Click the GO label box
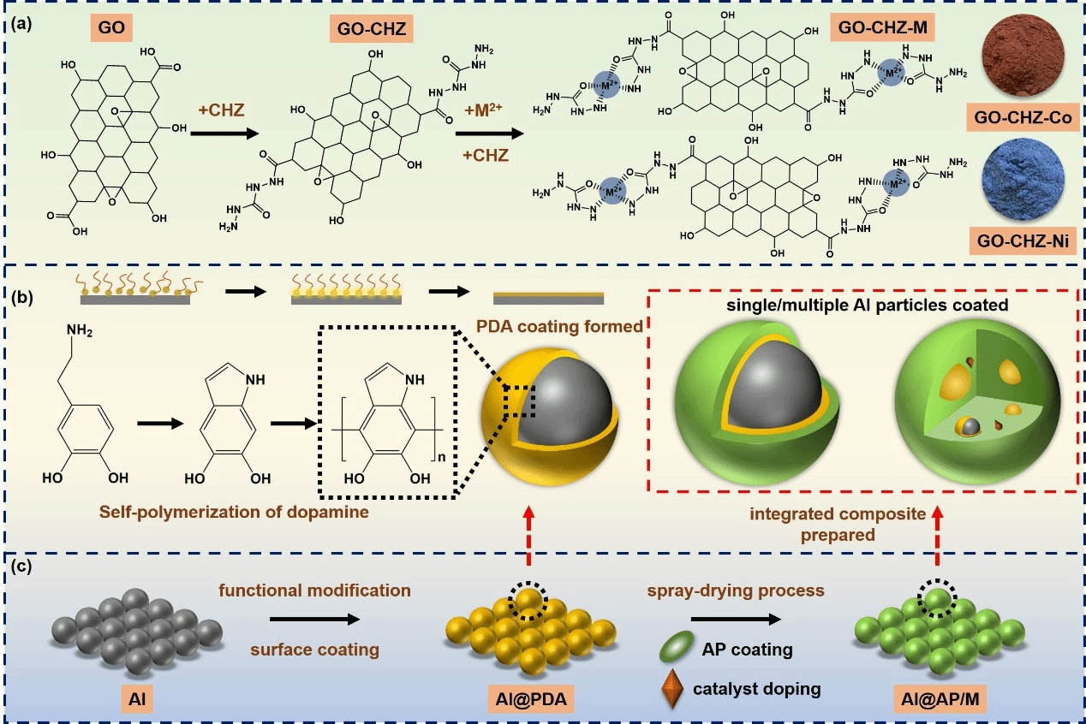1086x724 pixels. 111,27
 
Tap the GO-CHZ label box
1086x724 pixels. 372,28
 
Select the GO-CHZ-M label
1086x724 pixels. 882,27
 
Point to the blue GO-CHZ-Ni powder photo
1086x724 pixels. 1023,179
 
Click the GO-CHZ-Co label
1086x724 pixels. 1023,117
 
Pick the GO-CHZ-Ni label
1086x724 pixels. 1023,240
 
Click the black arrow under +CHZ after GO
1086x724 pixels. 224,134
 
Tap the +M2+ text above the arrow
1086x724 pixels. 483,110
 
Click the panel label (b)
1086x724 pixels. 22,297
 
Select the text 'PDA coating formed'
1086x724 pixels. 559,326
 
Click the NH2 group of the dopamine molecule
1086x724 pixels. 79,330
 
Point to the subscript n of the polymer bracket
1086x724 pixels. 441,457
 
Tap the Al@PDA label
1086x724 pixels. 531,699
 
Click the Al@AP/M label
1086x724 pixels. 940,699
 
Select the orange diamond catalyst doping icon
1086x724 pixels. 672,689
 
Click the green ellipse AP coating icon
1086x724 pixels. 677,646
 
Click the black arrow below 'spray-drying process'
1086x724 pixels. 736,619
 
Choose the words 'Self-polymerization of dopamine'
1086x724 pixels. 234,512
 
